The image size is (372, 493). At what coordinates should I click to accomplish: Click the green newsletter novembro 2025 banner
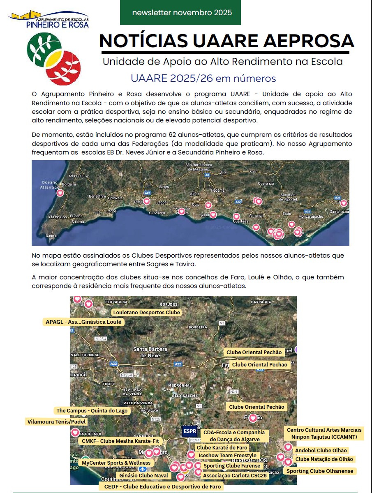coord(180,13)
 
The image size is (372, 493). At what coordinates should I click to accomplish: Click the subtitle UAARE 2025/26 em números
coord(203,78)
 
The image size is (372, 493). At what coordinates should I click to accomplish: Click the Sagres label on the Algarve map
coord(51,236)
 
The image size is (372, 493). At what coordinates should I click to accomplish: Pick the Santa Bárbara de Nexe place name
coord(150,352)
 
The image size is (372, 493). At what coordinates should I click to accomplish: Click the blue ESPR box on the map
coord(190,431)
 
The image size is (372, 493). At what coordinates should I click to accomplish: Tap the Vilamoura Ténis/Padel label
coord(57,422)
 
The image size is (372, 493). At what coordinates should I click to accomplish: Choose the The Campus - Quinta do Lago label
coord(92,410)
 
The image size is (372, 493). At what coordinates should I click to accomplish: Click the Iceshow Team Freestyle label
coord(227,456)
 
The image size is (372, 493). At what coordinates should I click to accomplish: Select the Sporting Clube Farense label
coord(232,466)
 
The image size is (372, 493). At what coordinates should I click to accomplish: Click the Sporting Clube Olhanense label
coord(320,471)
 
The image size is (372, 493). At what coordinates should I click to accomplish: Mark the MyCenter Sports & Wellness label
coord(116,463)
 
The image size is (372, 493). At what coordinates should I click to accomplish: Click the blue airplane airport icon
coord(142,469)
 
